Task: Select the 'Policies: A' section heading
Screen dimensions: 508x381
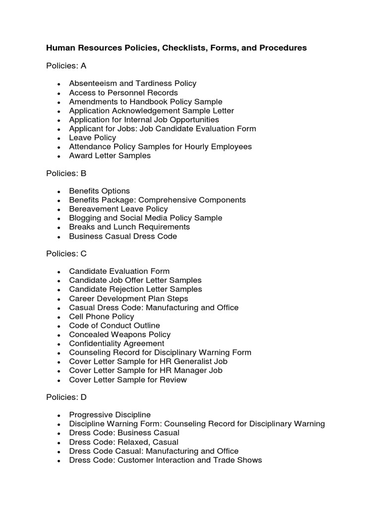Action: (x=66, y=66)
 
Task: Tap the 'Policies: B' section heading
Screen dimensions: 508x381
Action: (x=66, y=173)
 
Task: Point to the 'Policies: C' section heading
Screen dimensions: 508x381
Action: (x=66, y=254)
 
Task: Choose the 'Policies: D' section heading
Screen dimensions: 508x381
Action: (x=66, y=397)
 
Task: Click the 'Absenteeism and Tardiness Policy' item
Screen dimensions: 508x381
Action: (x=132, y=84)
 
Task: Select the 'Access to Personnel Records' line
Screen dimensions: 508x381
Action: (x=123, y=93)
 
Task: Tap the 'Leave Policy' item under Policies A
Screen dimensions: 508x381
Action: (x=92, y=137)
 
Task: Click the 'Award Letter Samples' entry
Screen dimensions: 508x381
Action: (x=110, y=156)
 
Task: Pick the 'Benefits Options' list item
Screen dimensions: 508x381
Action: (x=99, y=191)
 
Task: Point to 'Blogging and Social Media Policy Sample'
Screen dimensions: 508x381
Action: (x=145, y=218)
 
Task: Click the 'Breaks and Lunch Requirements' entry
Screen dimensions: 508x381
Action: (x=129, y=227)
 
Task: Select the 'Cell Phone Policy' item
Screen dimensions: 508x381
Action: (x=101, y=317)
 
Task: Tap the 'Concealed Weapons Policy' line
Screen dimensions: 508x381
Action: (x=120, y=334)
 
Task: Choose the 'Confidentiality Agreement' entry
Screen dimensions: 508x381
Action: (x=117, y=343)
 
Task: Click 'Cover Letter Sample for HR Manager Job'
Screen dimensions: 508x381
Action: (x=145, y=370)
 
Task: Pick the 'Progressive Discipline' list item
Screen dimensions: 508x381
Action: (x=110, y=415)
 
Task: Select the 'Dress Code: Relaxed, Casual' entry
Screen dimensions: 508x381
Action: (x=124, y=442)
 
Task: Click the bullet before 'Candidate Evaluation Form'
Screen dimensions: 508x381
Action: (x=59, y=272)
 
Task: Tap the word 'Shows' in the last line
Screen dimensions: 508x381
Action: (x=250, y=460)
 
